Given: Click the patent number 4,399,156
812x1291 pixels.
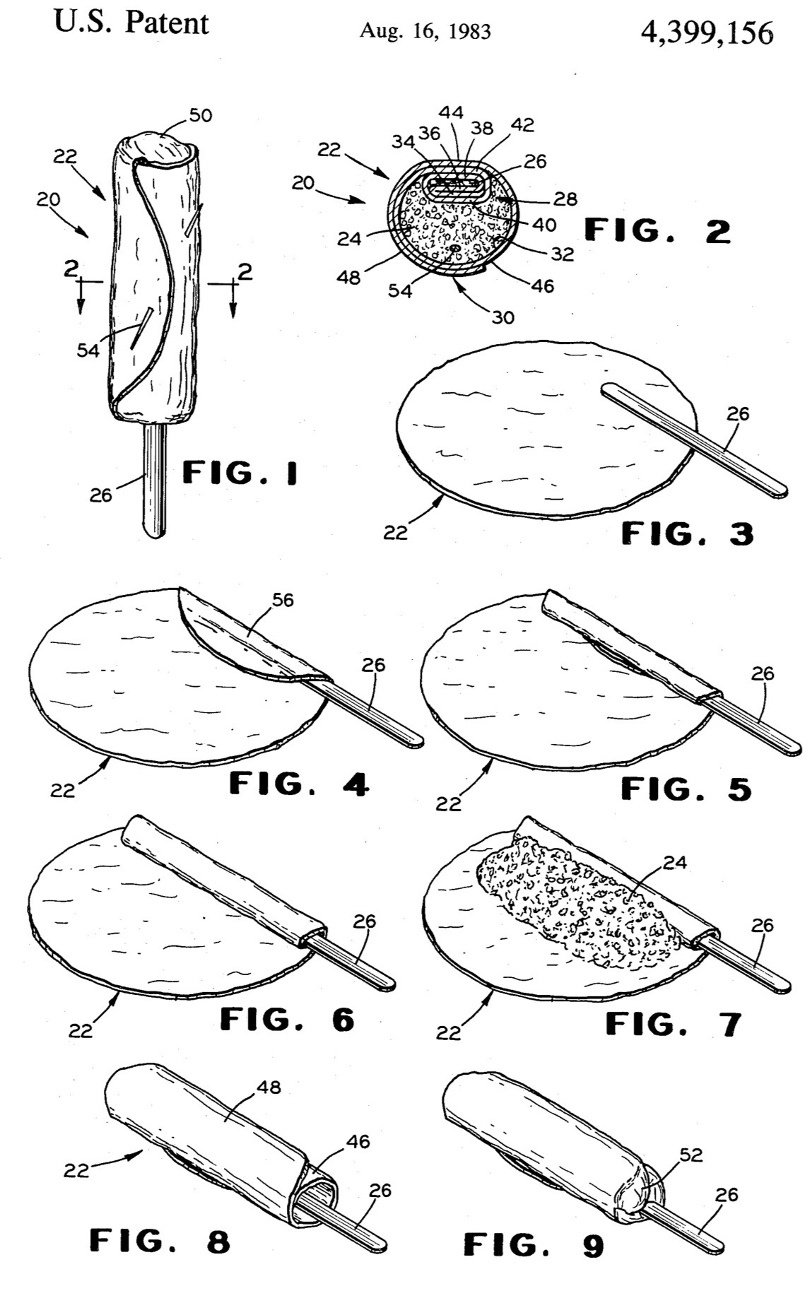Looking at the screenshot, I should pos(706,33).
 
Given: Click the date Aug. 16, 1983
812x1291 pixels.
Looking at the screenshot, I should pos(425,31).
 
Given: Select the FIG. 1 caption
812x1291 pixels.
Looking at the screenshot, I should pos(240,472).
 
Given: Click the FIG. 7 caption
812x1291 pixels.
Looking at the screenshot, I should pos(673,1023).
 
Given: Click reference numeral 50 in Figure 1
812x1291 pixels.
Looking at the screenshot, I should pos(201,115).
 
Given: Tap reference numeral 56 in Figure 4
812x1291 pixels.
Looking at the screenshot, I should pos(283,601).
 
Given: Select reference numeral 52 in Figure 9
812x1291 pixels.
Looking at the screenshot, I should pos(691,1155).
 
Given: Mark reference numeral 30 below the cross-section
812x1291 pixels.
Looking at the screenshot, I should pos(502,318).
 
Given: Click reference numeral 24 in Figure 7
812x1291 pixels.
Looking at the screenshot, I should pos(675,862).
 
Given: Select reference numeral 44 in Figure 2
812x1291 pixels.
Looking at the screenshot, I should pos(451,112).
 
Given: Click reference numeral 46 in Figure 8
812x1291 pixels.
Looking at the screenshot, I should pos(358,1141).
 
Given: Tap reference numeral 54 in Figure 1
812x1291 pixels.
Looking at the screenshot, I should pos(88,350).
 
